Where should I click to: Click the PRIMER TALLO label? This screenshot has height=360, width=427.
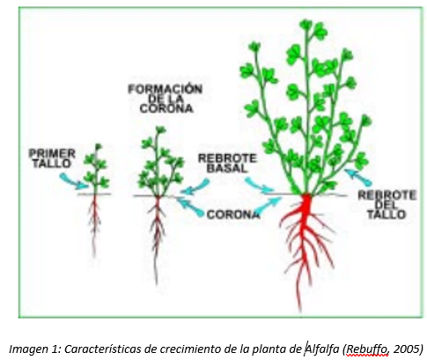[52, 158]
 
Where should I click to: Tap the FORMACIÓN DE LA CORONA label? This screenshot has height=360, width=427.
[166, 99]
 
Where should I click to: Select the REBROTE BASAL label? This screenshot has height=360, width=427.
[227, 164]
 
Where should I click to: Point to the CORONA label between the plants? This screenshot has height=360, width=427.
[233, 215]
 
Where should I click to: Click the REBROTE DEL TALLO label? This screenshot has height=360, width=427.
[387, 205]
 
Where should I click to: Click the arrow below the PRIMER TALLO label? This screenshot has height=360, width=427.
[73, 181]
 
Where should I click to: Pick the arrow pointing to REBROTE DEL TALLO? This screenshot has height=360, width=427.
[358, 177]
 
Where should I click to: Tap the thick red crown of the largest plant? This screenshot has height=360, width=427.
[306, 205]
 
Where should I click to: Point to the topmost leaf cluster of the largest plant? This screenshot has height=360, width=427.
[306, 26]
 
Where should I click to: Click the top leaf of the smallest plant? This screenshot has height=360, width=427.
[98, 146]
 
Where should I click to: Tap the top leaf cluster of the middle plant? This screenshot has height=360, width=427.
[160, 129]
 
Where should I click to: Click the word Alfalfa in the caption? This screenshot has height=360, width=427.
[321, 349]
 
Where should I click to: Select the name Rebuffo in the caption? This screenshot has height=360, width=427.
[366, 349]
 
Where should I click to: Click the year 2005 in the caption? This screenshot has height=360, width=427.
[406, 349]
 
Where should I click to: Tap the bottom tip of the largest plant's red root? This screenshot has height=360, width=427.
[299, 311]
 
